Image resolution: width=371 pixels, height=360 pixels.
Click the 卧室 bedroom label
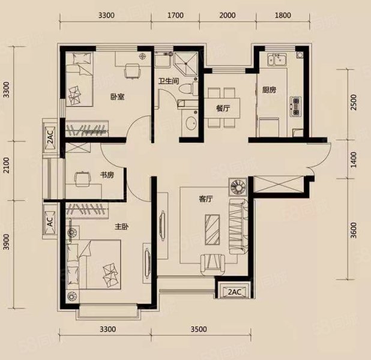click(117, 97)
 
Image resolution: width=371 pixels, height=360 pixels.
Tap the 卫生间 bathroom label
click(169, 82)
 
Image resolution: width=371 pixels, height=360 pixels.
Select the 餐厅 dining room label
click(223, 109)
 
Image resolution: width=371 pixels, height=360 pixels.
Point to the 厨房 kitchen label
click(269, 90)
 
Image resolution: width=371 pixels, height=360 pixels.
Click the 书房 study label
click(107, 175)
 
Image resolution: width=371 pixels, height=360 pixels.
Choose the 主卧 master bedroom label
click(122, 227)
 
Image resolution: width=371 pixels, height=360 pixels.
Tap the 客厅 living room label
click(205, 199)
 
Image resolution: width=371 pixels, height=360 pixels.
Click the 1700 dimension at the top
click(175, 16)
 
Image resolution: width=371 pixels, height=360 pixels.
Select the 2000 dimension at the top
click(228, 16)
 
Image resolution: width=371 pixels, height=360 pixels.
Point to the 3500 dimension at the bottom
click(199, 329)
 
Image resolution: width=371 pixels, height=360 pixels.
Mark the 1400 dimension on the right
click(353, 160)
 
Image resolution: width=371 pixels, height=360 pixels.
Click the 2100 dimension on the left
click(7, 165)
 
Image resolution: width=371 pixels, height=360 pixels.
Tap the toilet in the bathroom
click(189, 89)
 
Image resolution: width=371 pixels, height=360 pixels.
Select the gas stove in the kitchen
click(295, 106)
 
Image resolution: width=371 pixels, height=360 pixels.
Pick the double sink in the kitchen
click(277, 59)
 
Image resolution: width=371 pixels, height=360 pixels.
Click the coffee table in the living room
click(213, 229)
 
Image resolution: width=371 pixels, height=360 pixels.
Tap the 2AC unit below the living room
click(234, 292)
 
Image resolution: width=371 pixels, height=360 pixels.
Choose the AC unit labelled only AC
click(50, 221)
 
